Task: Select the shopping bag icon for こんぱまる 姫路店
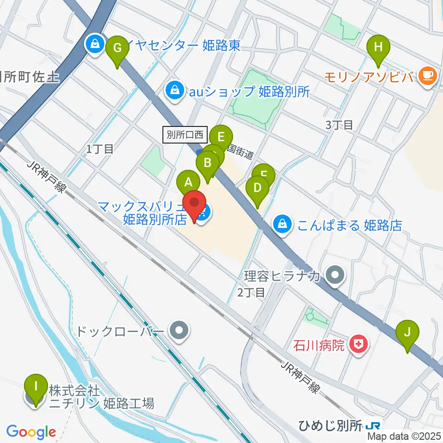pos(282,225)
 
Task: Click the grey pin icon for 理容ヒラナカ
pos(335,276)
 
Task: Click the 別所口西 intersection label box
pos(186,134)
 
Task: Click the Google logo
pos(31,432)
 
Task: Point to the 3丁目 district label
pos(339,125)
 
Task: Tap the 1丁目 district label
pos(100,148)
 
